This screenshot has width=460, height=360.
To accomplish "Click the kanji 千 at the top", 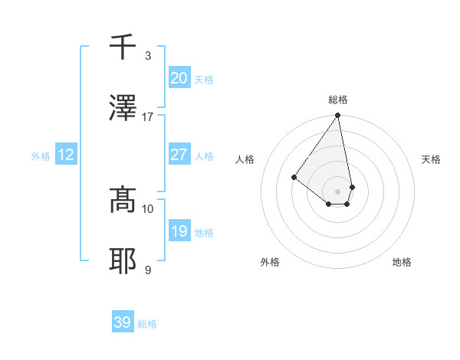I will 123,47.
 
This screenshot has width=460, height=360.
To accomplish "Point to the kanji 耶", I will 123,261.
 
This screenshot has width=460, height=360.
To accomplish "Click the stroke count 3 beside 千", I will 148,55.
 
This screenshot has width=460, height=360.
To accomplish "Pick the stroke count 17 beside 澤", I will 148,116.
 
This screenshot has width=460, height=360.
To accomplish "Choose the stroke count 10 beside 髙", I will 148,208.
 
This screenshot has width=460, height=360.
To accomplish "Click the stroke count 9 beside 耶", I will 148,270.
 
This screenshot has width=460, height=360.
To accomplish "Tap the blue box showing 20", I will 179,78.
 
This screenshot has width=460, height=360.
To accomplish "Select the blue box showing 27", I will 179,155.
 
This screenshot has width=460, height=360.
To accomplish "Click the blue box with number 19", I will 179,231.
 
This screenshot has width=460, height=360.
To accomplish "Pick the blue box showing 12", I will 65,155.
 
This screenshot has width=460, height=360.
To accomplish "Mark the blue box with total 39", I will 122,322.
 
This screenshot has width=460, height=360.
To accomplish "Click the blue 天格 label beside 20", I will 204,80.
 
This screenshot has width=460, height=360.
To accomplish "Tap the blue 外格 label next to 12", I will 41,156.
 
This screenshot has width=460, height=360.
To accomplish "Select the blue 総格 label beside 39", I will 147,324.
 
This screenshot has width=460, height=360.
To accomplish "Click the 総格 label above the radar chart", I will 338,100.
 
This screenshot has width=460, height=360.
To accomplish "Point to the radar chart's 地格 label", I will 402,262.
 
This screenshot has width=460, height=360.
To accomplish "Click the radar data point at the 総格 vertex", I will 337,116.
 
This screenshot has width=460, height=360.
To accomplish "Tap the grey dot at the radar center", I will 337,191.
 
